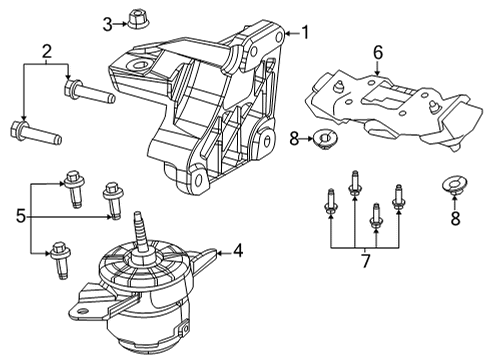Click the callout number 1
click(x=307, y=33)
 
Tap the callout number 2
click(x=45, y=52)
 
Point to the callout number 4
click(x=237, y=252)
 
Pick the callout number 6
click(x=377, y=52)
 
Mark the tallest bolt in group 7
click(x=355, y=188)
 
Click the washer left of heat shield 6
click(x=324, y=138)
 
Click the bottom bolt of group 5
click(x=62, y=250)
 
